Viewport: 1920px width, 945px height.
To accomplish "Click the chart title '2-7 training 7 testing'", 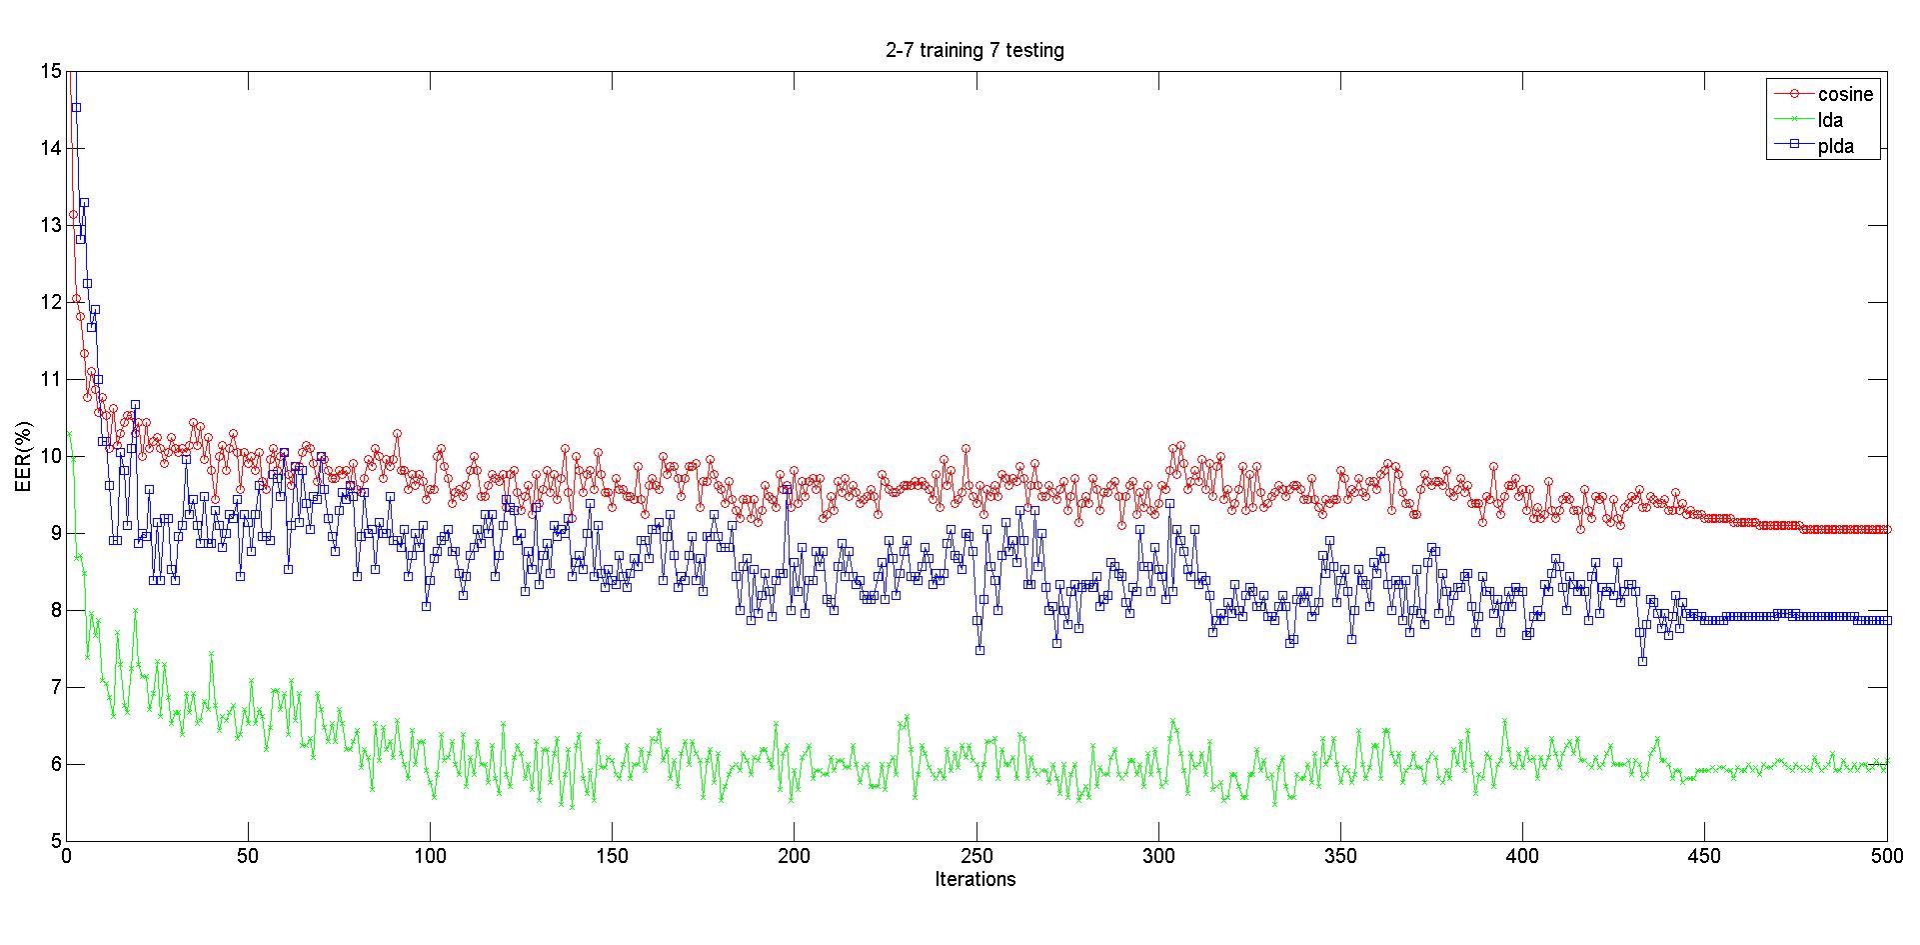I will (974, 50).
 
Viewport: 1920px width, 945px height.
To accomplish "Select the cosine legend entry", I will (1845, 94).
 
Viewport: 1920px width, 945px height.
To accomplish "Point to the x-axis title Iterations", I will (974, 879).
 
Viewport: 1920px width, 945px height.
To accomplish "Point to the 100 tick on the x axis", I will (431, 856).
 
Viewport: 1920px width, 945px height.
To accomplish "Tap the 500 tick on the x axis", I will (1886, 856).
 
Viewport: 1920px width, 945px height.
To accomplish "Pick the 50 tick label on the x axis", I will (249, 856).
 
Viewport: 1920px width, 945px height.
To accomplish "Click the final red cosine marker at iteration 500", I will (1886, 529).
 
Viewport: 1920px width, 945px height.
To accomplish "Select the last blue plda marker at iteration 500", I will (1886, 620).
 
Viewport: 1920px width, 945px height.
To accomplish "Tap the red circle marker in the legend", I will (1794, 94).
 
